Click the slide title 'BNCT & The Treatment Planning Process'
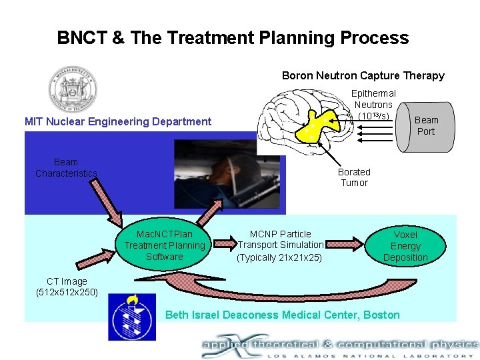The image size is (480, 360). (233, 38)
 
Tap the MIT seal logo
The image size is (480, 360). (73, 90)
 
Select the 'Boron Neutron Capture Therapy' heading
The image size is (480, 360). (363, 75)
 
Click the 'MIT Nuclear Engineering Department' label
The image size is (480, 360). (118, 121)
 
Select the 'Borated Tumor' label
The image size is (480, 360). (354, 177)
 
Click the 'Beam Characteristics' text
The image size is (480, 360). (66, 168)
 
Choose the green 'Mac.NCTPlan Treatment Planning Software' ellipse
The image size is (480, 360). (164, 245)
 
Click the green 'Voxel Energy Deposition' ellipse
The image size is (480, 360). (405, 246)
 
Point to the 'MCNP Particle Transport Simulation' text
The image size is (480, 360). (280, 245)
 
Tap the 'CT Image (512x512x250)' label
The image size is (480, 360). (67, 287)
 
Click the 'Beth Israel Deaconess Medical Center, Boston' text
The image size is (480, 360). (282, 315)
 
